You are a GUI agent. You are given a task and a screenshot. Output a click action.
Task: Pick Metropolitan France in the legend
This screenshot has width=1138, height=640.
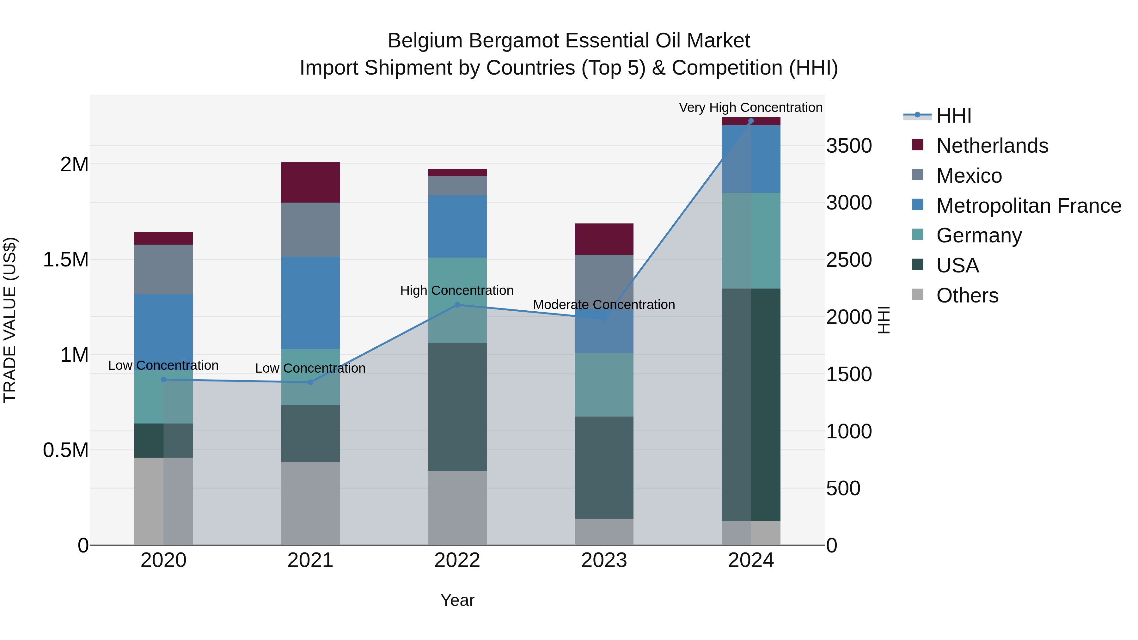point(1028,206)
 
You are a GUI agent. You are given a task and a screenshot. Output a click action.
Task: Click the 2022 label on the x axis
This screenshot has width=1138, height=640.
point(457,560)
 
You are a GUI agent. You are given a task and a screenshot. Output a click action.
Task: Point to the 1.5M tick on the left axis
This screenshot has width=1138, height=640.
point(66,260)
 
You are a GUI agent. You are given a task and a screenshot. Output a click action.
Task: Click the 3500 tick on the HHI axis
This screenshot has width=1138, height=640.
point(849,146)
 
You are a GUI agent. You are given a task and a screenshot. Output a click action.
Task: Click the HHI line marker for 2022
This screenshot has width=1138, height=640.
point(457,305)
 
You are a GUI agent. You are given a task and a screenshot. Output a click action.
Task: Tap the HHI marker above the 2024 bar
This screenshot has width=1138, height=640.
point(751,121)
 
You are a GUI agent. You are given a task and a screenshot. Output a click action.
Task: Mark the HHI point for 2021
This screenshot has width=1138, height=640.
point(310,382)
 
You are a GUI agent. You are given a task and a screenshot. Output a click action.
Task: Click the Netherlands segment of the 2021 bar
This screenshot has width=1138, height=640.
point(310,182)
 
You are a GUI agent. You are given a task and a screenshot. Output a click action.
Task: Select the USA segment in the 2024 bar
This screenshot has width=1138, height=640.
point(751,405)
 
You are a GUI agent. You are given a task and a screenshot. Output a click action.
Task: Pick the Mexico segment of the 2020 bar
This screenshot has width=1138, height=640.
point(163,269)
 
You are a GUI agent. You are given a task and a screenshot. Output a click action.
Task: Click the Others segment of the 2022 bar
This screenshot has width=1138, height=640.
point(457,508)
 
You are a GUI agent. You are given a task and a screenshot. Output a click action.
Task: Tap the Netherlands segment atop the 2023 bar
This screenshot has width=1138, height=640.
point(604,239)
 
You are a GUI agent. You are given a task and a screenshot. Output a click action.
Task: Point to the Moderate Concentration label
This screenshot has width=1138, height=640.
point(604,305)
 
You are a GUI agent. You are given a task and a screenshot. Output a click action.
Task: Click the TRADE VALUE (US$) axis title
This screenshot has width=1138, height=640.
point(10,320)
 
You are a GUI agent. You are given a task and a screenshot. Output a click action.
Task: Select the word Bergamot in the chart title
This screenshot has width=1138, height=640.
point(515,41)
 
